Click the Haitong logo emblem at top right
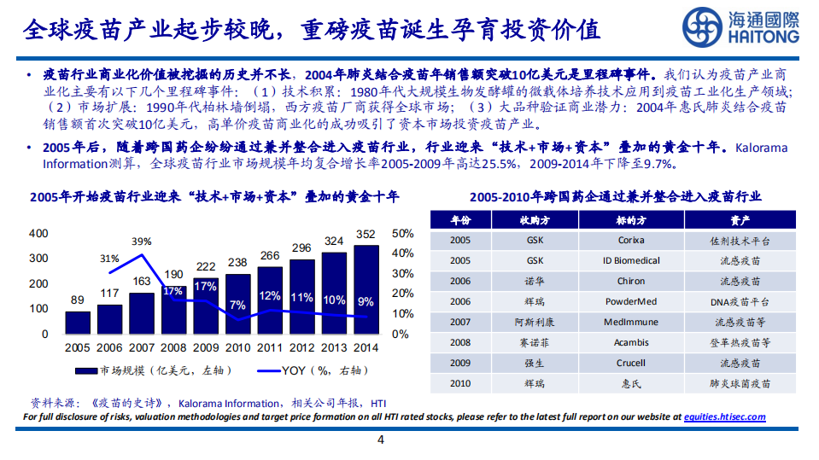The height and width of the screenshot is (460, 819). (704, 27)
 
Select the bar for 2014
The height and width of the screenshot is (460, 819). (366, 290)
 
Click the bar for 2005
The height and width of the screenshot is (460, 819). (78, 323)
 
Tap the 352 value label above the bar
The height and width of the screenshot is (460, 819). (366, 235)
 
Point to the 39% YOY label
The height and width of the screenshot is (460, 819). (142, 241)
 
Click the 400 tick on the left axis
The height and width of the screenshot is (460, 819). (38, 233)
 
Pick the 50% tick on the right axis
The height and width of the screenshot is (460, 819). (402, 233)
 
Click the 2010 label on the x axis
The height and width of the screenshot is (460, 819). (237, 348)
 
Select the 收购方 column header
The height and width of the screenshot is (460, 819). (535, 220)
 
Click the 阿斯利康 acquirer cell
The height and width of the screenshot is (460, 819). (535, 323)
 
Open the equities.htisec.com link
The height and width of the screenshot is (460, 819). (724, 417)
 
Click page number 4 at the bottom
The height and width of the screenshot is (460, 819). (381, 440)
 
